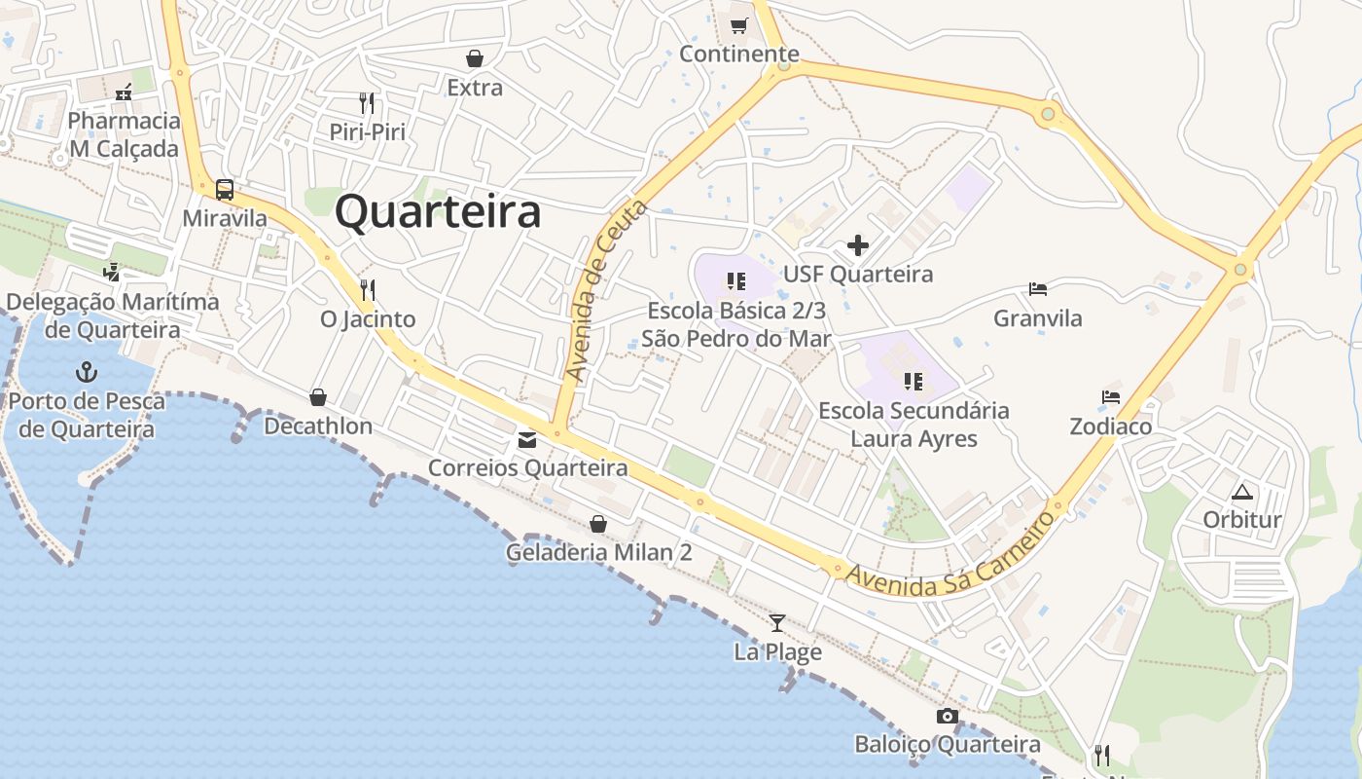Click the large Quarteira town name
point(438,211)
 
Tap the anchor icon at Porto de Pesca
point(88,371)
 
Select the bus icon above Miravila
point(225,189)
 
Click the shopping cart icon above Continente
point(739,25)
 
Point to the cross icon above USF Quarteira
point(858,244)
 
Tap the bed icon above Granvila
point(1038,289)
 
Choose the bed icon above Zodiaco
point(1111,397)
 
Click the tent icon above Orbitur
point(1241,492)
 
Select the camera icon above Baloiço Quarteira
point(947,717)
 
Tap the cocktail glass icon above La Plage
point(776,623)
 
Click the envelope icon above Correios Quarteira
point(527,440)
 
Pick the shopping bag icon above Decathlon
point(317,397)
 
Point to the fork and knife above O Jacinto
point(368,290)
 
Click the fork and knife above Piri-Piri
point(367,103)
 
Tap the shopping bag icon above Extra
point(475,58)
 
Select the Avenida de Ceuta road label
point(605,291)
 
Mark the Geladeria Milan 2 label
point(598,552)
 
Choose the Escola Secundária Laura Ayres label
point(914,425)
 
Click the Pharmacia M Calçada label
point(125,134)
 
